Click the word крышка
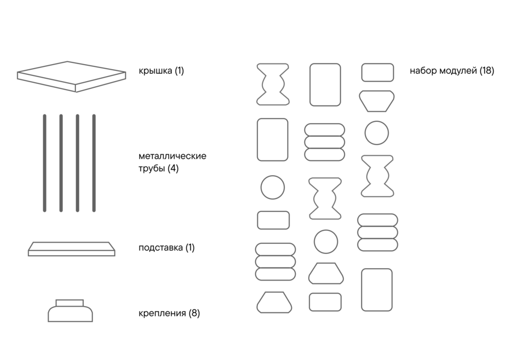pyautogui.click(x=155, y=71)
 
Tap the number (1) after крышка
pyautogui.click(x=179, y=71)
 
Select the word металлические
pyautogui.click(x=172, y=156)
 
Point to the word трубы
pyautogui.click(x=151, y=168)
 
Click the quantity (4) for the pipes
pyautogui.click(x=173, y=168)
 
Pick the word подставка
pyautogui.click(x=161, y=248)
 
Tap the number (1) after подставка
pyautogui.click(x=190, y=248)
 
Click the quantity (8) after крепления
pyautogui.click(x=194, y=313)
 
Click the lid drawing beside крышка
pyautogui.click(x=71, y=77)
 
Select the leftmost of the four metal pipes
pyautogui.click(x=45, y=163)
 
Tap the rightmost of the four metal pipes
pyautogui.click(x=94, y=163)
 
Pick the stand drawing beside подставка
pyautogui.click(x=71, y=249)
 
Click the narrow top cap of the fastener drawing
pyautogui.click(x=70, y=303)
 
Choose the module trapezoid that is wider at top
pyautogui.click(x=377, y=101)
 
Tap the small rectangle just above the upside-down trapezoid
pyautogui.click(x=377, y=73)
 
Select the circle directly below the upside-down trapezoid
pyautogui.click(x=377, y=133)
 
